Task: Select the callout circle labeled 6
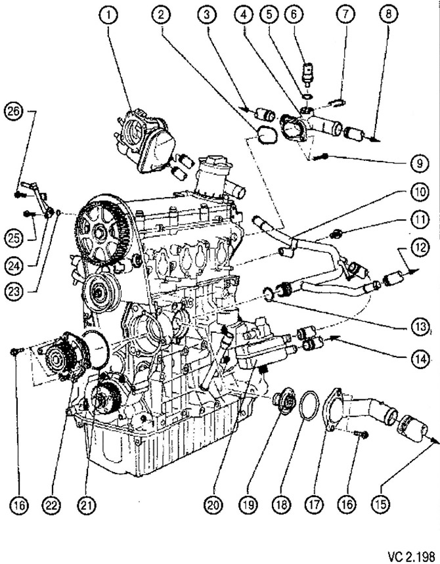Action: tap(311, 14)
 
